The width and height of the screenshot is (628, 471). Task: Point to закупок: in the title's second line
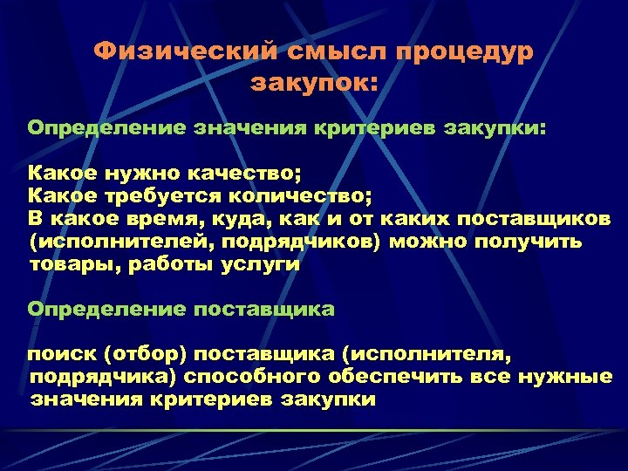pos(314,84)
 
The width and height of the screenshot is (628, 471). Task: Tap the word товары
pos(71,263)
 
